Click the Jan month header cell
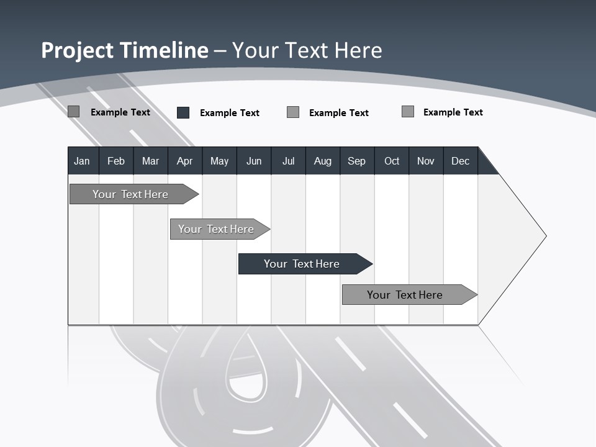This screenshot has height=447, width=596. pyautogui.click(x=83, y=161)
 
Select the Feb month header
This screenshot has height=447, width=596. pyautogui.click(x=116, y=161)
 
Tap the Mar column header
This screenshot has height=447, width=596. pyautogui.click(x=150, y=161)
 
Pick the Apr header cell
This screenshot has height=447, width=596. pyautogui.click(x=185, y=161)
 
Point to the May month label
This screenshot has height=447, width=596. pyautogui.click(x=219, y=161)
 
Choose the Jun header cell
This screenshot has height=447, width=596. pyautogui.click(x=254, y=161)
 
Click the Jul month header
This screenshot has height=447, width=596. pyautogui.click(x=288, y=161)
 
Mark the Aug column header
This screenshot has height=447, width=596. pyautogui.click(x=323, y=161)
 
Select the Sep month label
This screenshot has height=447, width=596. pyautogui.click(x=357, y=161)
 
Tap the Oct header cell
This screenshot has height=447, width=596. pyautogui.click(x=392, y=161)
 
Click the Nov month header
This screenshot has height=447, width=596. pyautogui.click(x=426, y=161)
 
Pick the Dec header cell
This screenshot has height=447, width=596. pyautogui.click(x=461, y=161)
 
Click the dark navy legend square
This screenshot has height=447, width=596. pyautogui.click(x=183, y=112)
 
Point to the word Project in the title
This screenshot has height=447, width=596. pyautogui.click(x=78, y=50)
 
